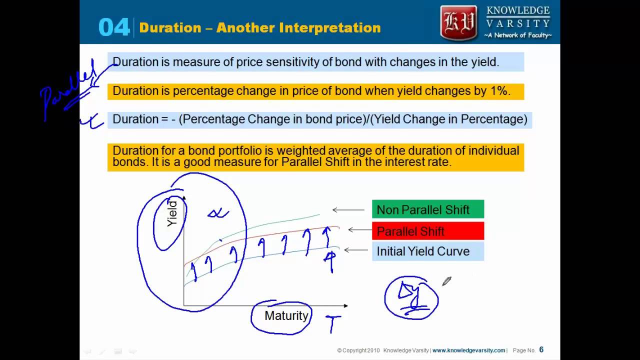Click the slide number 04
(114, 27)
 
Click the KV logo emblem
(458, 22)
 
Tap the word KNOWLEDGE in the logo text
(518, 11)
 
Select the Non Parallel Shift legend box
(427, 209)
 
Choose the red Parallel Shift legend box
(427, 231)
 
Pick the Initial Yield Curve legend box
(427, 251)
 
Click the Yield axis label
(172, 213)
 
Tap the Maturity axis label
(286, 316)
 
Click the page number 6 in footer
(541, 350)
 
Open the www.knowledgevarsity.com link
(468, 350)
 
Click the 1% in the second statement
(498, 91)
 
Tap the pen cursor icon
(446, 281)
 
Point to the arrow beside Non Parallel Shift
(348, 210)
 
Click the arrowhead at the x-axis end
(345, 305)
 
